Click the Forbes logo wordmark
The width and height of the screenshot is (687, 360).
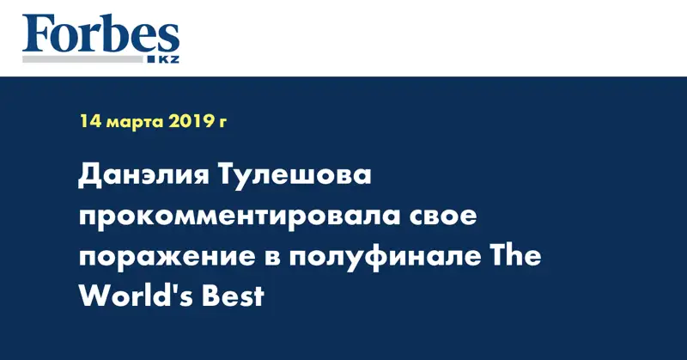(x=101, y=36)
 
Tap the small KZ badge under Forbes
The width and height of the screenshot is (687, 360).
(x=167, y=59)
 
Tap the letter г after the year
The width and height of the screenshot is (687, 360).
(x=224, y=125)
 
